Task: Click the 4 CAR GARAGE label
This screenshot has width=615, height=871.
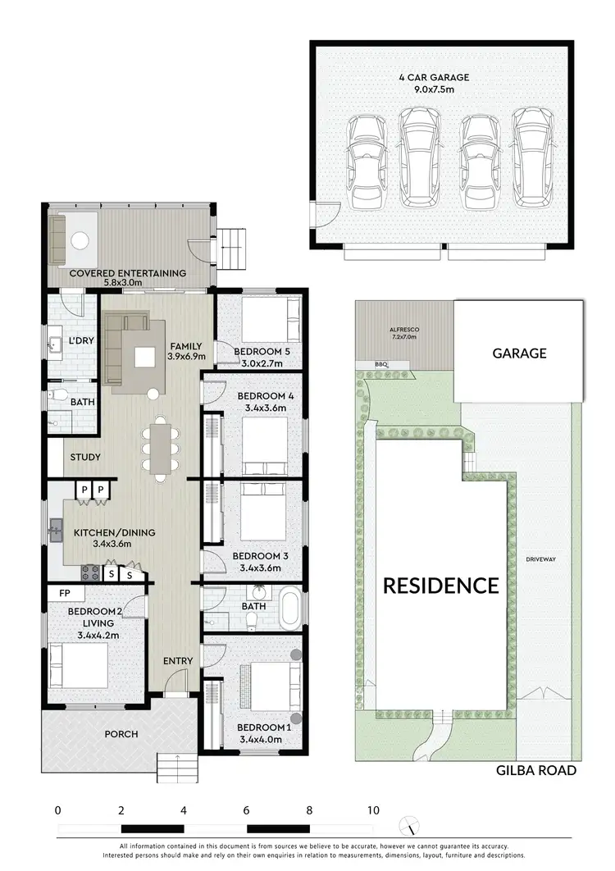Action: tap(434, 78)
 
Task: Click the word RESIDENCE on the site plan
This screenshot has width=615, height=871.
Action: tap(441, 586)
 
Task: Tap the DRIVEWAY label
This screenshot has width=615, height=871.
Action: tap(541, 559)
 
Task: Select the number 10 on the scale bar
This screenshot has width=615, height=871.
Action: tap(373, 810)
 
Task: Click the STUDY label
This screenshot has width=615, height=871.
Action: tap(85, 458)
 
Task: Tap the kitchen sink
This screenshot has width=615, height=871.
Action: tap(56, 529)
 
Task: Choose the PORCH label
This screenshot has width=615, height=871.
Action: tap(121, 733)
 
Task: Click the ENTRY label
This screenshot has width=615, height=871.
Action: tap(178, 661)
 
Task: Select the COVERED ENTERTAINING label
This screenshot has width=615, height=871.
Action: tap(127, 273)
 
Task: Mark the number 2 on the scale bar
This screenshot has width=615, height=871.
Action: tap(121, 810)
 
